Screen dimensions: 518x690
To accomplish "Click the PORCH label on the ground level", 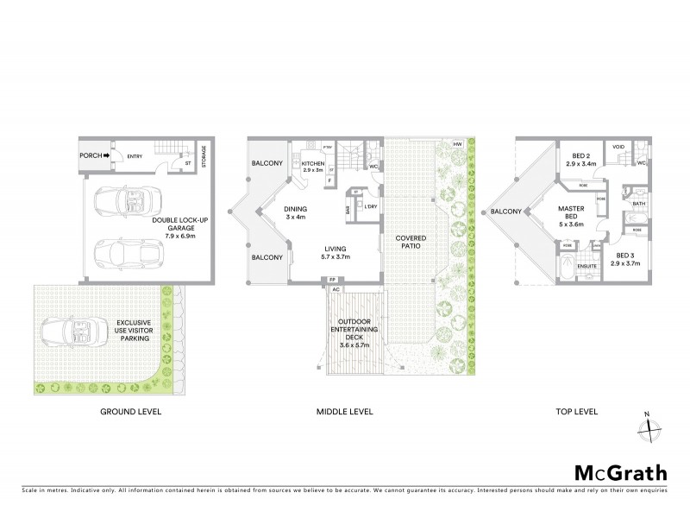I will (90, 156).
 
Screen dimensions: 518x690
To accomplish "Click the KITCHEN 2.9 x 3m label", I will (311, 167).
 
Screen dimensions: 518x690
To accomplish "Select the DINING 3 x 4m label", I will (296, 212).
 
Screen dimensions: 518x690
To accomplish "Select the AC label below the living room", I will (332, 289).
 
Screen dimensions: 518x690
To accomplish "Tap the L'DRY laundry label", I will (372, 207).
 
